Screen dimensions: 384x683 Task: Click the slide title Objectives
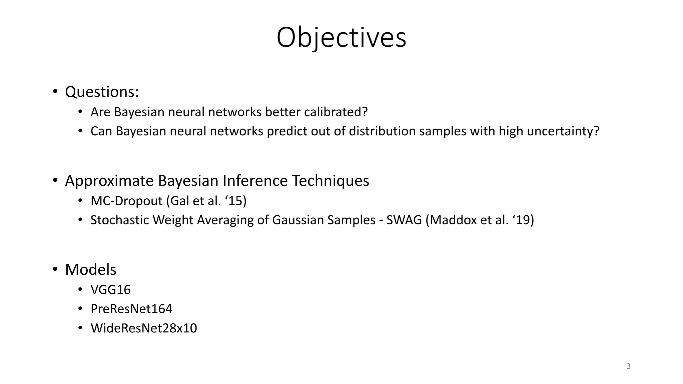341,37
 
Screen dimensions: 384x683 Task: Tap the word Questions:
102,92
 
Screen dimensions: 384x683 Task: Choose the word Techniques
330,181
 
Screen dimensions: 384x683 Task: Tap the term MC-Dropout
128,201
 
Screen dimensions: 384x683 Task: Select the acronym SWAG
404,220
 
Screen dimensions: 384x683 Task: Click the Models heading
91,270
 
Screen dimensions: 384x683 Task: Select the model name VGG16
110,290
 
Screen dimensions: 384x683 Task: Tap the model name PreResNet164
131,309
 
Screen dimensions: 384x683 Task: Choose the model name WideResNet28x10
144,328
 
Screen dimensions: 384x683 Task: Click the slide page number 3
628,366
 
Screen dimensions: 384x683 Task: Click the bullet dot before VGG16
80,289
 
